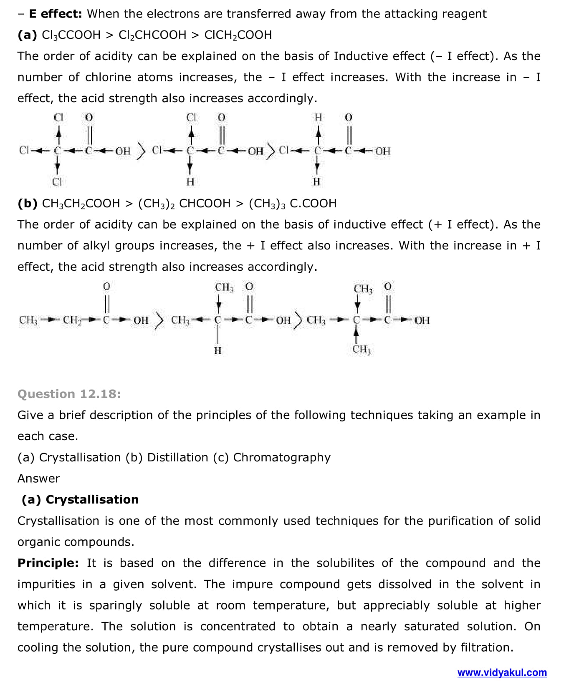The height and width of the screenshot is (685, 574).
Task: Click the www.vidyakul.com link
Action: [502, 672]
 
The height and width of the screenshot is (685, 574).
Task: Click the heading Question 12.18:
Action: [69, 394]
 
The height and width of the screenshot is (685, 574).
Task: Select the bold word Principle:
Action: [48, 563]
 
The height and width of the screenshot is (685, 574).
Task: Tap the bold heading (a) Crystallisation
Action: [80, 499]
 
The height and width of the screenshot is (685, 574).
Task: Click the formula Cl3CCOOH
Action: [71, 35]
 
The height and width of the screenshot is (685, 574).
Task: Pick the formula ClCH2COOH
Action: [238, 35]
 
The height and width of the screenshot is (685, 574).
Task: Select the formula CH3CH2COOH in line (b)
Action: [81, 204]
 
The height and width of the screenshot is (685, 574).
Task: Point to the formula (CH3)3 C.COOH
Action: [292, 204]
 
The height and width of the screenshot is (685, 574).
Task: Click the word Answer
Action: [39, 478]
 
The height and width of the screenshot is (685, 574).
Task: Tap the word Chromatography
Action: [282, 457]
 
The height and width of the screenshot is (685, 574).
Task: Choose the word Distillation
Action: [177, 457]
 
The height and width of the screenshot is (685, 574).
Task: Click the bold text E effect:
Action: [56, 14]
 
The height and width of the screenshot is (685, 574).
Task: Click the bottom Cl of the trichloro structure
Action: [57, 182]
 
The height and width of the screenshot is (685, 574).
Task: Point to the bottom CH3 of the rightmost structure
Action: [362, 350]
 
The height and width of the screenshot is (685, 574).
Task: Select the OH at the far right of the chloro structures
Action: [382, 151]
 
